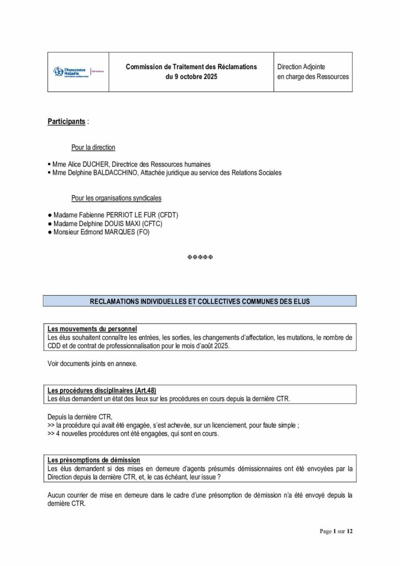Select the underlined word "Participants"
(66, 121)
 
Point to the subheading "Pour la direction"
(93, 148)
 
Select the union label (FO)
(143, 233)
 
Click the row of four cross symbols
(200, 258)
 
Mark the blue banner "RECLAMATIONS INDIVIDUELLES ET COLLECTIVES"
(199, 301)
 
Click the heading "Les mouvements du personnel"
(92, 329)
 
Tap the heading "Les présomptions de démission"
(94, 460)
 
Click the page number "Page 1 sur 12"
(336, 531)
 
